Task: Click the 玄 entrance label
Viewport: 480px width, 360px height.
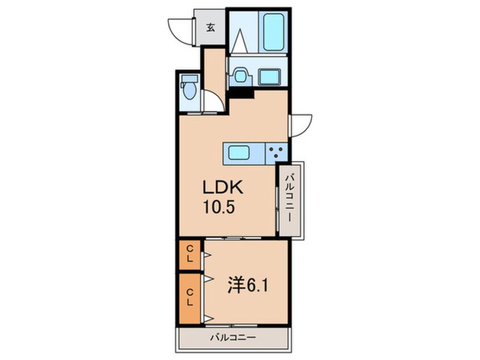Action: coord(210,27)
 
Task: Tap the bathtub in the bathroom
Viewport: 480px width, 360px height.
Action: coord(273,32)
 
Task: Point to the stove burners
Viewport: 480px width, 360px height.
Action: coord(276,152)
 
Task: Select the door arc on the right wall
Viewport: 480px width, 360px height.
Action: coord(301,125)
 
